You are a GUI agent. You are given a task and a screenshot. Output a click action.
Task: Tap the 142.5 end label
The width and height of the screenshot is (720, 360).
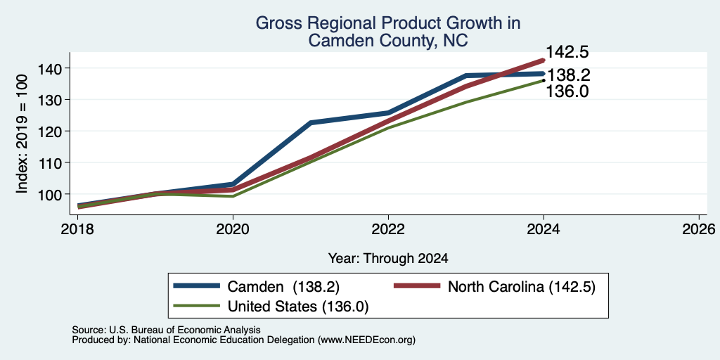pyautogui.click(x=567, y=52)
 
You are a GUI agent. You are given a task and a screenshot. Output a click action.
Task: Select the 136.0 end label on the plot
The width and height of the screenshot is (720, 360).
pyautogui.click(x=567, y=91)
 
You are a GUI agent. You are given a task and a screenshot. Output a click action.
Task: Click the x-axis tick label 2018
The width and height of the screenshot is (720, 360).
pyautogui.click(x=77, y=229)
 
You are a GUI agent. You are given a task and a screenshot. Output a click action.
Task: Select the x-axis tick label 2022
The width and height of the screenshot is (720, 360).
pyautogui.click(x=388, y=229)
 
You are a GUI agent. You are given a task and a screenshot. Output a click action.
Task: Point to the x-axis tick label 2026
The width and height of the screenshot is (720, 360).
pyautogui.click(x=700, y=229)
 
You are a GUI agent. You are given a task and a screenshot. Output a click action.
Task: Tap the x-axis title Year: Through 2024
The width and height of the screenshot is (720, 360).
pyautogui.click(x=388, y=259)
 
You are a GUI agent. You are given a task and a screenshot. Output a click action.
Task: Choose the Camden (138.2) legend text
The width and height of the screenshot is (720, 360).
pyautogui.click(x=283, y=287)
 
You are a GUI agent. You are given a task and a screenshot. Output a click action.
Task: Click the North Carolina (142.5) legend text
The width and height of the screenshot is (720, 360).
pyautogui.click(x=522, y=287)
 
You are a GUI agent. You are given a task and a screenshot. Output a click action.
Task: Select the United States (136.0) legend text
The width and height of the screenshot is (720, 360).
pyautogui.click(x=298, y=307)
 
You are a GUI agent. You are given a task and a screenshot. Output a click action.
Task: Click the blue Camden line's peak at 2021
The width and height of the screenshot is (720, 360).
pyautogui.click(x=311, y=122)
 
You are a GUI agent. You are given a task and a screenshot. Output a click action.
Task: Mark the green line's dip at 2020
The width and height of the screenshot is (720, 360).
pyautogui.click(x=233, y=196)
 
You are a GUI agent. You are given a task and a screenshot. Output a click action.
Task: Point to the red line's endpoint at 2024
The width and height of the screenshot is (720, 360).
pyautogui.click(x=544, y=60)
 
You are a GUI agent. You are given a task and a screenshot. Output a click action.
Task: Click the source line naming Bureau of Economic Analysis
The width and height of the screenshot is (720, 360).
pyautogui.click(x=166, y=330)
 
